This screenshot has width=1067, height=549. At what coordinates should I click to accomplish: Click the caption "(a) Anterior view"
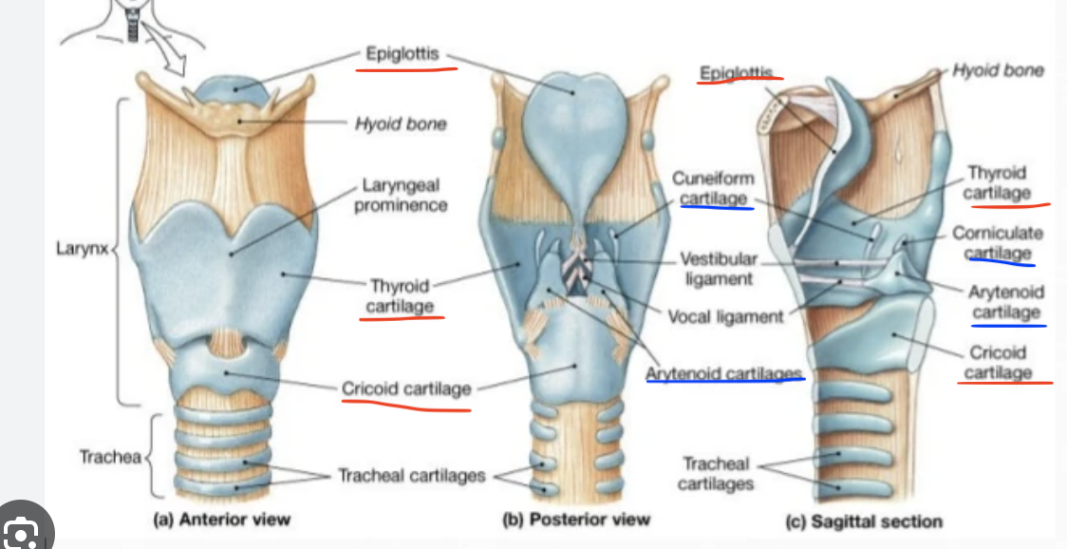tap(222, 520)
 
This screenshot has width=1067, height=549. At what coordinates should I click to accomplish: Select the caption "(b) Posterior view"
tap(576, 520)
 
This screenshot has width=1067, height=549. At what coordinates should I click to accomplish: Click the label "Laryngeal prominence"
tap(400, 195)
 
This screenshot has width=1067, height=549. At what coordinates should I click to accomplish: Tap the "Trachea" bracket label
tap(110, 457)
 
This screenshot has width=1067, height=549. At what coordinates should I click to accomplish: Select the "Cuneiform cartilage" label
tap(713, 188)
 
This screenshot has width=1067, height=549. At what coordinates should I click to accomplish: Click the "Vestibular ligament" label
tap(719, 269)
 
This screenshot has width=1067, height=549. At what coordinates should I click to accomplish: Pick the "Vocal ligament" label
tap(726, 316)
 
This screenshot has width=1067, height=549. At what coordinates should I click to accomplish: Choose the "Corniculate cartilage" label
tap(997, 243)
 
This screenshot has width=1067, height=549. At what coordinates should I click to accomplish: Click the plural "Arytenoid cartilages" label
tap(724, 373)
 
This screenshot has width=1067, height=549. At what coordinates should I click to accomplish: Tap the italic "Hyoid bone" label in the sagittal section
tap(998, 70)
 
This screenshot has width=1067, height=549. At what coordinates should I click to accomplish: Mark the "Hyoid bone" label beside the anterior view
tap(401, 123)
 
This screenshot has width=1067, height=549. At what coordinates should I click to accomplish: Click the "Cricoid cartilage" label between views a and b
tap(405, 389)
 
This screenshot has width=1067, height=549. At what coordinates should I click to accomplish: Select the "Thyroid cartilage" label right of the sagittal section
tap(997, 183)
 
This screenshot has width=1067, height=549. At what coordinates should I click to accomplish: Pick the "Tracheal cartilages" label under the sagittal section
tap(716, 473)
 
